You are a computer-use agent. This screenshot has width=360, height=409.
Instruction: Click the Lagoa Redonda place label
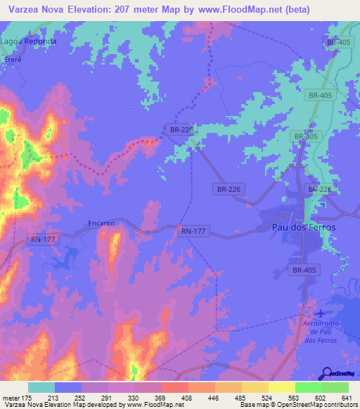[x=28, y=41]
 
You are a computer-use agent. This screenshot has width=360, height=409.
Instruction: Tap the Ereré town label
[x=13, y=59]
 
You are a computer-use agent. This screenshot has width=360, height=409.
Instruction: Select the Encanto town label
[x=101, y=223]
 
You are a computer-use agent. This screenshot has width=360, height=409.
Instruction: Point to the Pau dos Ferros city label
[x=304, y=228]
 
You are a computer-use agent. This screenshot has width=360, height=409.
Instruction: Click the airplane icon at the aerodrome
[x=321, y=313]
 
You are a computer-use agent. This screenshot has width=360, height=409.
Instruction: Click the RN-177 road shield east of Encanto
[x=193, y=231]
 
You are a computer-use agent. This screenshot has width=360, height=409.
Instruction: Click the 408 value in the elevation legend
[x=186, y=398]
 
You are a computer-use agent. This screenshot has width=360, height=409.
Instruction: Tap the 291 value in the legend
[x=107, y=398]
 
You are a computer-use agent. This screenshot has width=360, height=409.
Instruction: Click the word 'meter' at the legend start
[x=10, y=398]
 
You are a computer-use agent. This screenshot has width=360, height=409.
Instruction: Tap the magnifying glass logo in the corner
[x=327, y=372]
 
